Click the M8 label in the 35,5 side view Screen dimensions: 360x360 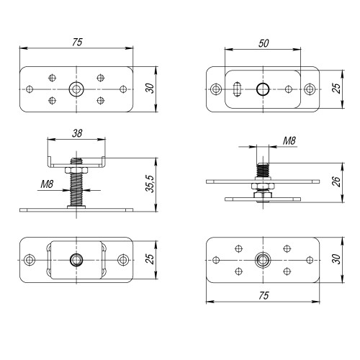tap(48, 185)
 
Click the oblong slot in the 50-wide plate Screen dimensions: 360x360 tap(238, 89)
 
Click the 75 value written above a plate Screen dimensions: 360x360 tap(76, 43)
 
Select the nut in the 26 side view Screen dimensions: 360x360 tap(262, 189)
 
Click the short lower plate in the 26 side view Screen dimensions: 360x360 tap(262, 198)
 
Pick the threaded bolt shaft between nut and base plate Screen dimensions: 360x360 tap(76, 192)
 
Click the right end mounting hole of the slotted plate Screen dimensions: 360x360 tap(310, 89)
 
